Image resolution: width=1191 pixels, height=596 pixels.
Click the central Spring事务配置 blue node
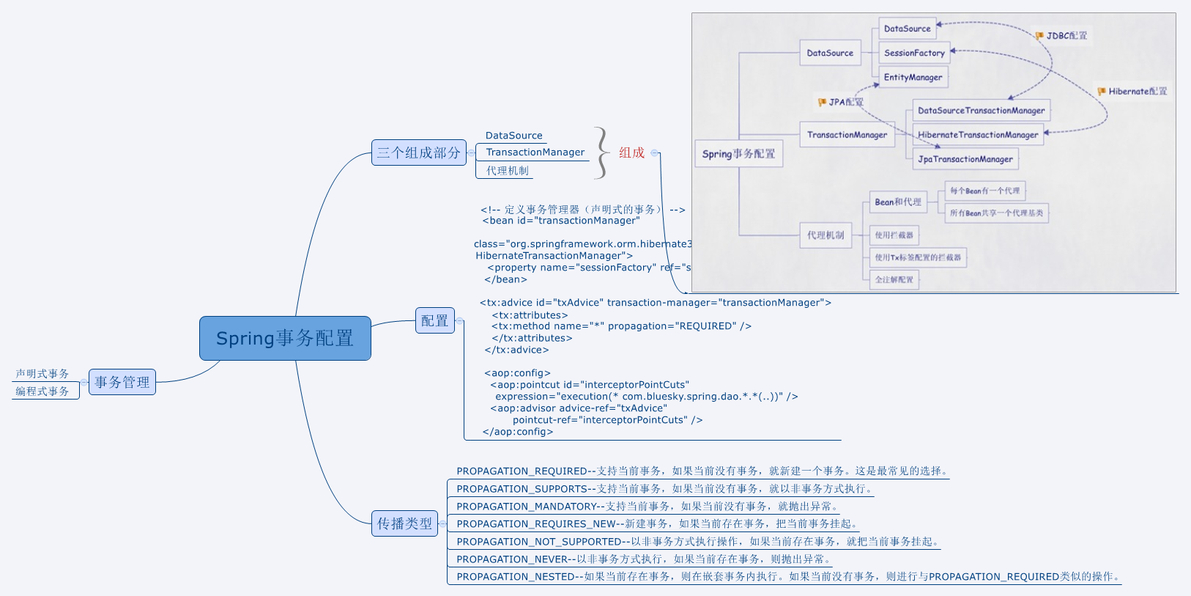[285, 338]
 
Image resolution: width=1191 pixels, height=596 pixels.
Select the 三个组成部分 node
[418, 152]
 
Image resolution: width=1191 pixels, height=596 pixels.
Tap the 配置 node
[434, 320]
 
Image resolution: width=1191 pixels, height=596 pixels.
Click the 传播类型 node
[404, 523]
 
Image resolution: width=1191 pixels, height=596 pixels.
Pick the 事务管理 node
[122, 382]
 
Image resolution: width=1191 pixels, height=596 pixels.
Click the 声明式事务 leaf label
[42, 374]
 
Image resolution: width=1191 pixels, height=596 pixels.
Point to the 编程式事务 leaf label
[42, 391]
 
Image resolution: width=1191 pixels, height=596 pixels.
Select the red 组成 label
[631, 152]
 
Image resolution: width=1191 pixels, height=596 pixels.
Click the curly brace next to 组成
[601, 152]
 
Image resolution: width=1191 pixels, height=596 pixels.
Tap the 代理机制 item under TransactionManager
[507, 171]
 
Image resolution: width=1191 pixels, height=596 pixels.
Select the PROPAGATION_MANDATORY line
[648, 506]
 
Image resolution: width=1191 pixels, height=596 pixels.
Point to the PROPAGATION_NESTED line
[787, 576]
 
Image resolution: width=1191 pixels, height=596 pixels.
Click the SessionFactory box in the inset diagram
[914, 53]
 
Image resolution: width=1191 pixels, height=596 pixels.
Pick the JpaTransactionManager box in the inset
[965, 159]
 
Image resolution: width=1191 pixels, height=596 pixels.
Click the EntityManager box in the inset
[913, 77]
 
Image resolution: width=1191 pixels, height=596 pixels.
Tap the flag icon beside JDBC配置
[1039, 35]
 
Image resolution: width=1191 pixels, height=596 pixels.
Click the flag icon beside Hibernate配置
[1102, 92]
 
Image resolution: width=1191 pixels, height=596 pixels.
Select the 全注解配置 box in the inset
[894, 279]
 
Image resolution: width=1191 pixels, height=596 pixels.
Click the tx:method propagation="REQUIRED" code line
[621, 326]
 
